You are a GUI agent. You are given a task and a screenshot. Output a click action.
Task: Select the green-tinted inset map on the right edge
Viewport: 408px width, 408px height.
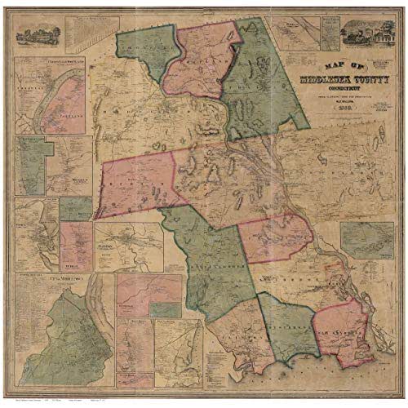coord(370,237)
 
